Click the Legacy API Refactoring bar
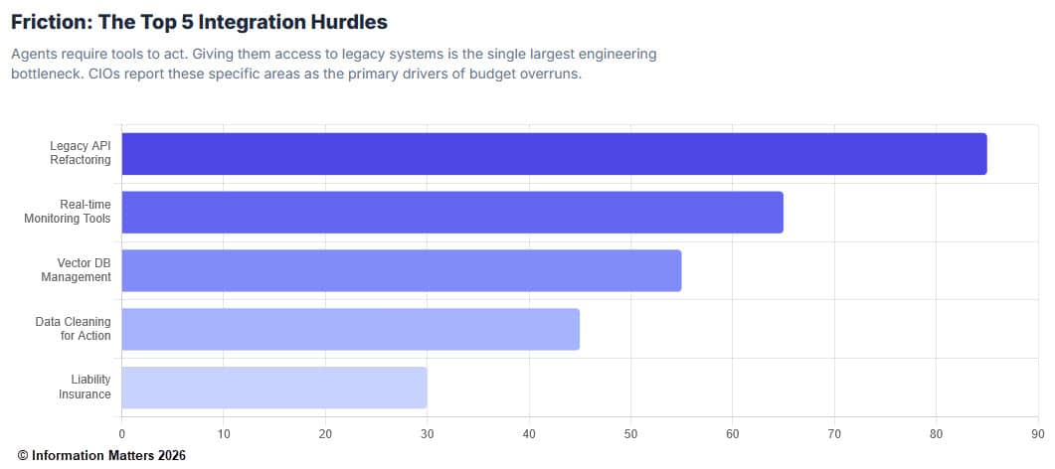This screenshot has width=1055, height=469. coord(554,154)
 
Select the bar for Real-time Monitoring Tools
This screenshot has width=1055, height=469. coord(452,212)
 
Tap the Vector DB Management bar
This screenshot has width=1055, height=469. coord(401,270)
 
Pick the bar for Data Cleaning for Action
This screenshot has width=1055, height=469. coord(350,329)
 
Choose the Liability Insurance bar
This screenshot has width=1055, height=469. coord(274,388)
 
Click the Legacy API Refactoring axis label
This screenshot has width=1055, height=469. coord(80,153)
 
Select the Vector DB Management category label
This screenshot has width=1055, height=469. coord(76,270)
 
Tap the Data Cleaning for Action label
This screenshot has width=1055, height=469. coord(73,329)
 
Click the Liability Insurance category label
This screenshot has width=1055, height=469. coord(84,388)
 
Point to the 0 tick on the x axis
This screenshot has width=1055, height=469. coord(121,433)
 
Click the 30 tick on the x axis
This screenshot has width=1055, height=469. coord(427,433)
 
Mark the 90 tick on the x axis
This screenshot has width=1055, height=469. coord(1037,433)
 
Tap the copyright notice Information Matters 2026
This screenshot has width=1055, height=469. coord(100,455)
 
